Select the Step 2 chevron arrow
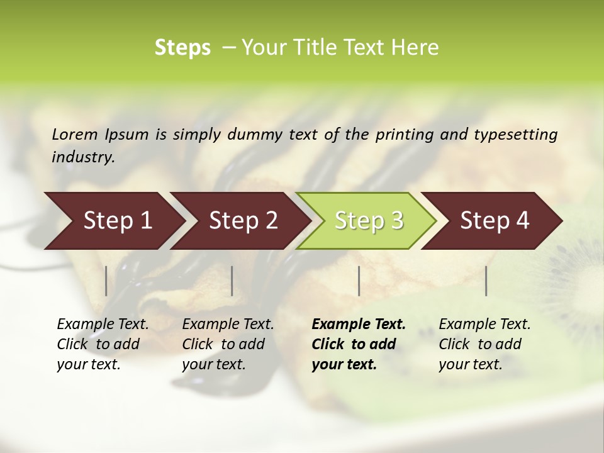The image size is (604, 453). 243,221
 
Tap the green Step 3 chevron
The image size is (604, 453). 369,221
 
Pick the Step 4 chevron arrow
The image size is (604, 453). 495,221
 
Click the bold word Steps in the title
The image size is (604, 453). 182,48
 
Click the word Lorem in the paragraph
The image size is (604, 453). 74,134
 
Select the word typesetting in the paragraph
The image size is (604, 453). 515,134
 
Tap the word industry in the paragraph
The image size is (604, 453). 83,157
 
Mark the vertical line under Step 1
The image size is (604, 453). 106,281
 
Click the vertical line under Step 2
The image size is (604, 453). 232,281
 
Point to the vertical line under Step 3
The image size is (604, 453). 359,281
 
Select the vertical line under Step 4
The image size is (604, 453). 486,281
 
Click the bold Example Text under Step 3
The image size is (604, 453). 359,324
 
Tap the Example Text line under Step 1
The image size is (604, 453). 103,324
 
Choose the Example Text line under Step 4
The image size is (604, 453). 484,324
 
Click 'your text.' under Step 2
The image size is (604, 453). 213,364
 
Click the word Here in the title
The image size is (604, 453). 418,48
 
